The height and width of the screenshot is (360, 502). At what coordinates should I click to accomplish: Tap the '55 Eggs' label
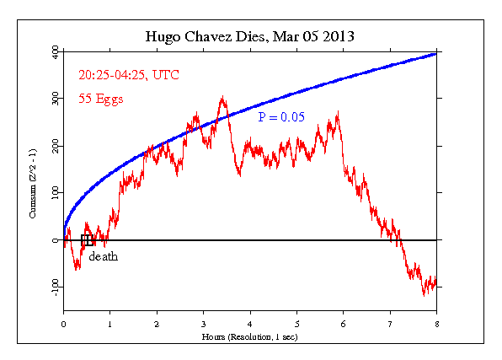click(101, 99)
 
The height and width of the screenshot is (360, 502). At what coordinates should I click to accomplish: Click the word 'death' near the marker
click(103, 256)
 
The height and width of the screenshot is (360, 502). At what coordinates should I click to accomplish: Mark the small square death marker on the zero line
click(86, 240)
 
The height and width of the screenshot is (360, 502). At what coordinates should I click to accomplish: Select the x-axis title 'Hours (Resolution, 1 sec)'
click(249, 336)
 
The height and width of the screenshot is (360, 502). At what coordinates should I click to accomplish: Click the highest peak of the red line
click(222, 97)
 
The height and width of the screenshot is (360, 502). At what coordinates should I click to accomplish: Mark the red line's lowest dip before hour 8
click(425, 294)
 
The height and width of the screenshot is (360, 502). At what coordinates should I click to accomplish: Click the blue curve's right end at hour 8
click(435, 53)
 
